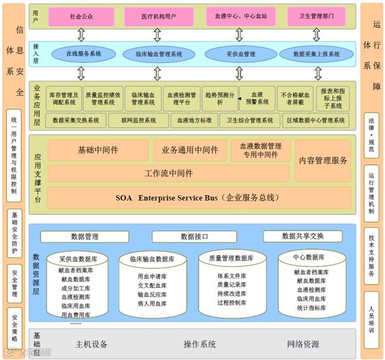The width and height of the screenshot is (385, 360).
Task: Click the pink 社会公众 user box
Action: click(82, 17)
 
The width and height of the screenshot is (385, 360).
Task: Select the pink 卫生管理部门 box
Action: click(317, 17)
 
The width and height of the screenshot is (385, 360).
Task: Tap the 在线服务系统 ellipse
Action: click(83, 54)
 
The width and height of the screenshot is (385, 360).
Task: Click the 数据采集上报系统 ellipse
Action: click(317, 54)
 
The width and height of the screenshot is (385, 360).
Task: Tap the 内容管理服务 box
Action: click(323, 161)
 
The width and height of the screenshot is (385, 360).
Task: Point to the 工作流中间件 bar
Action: click(168, 174)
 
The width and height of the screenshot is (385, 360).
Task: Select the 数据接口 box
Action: click(194, 237)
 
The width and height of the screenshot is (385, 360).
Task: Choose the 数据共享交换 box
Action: click(303, 236)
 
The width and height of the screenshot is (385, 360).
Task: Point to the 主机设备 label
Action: click(92, 345)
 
